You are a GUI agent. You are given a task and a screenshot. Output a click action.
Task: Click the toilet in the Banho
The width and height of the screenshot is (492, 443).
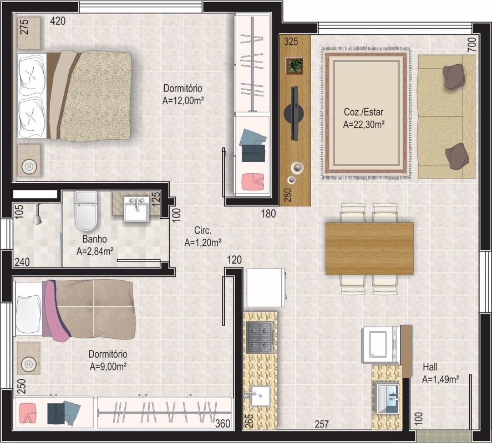[x=85, y=211]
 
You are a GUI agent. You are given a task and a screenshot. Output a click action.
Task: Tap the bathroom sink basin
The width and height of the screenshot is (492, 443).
[x=136, y=209]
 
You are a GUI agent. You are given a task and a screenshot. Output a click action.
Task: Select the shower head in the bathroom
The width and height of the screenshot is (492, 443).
[x=37, y=214]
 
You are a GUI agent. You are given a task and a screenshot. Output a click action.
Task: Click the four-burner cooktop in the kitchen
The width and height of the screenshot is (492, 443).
[x=260, y=337]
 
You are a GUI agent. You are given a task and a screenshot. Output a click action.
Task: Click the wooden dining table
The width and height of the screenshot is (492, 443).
[x=369, y=249]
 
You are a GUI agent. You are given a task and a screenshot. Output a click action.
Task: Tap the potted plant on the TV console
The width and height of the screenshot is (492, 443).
[x=295, y=65]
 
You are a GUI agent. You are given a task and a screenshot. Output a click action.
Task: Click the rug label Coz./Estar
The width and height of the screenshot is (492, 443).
[x=363, y=112]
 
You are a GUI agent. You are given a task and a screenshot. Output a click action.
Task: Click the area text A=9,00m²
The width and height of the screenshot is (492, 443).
[x=108, y=366]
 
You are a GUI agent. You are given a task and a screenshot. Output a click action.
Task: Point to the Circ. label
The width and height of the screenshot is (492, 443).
[x=202, y=230]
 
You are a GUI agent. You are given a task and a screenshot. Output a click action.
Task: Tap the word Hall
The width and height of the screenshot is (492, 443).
[x=430, y=367]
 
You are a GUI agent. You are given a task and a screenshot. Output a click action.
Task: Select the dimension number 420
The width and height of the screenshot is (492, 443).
[x=58, y=21]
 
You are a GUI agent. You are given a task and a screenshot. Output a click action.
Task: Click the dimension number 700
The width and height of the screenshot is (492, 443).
[x=471, y=44]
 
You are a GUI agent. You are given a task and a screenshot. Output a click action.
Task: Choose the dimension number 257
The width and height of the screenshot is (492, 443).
[x=322, y=424]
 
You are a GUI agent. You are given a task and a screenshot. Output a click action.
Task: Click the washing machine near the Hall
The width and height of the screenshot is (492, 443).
[x=381, y=344]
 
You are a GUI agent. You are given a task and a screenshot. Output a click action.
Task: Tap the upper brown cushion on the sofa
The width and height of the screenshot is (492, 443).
[x=453, y=76]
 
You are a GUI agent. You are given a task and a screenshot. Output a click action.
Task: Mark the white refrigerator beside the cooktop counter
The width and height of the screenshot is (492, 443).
[x=266, y=287]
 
